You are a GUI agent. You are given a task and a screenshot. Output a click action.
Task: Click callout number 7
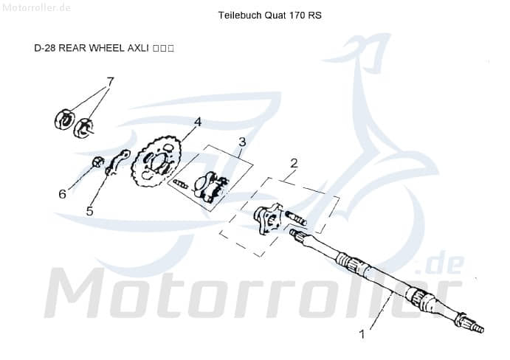pyautogui.click(x=110, y=81)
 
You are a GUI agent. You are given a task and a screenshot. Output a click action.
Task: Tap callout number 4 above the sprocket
pyautogui.click(x=198, y=122)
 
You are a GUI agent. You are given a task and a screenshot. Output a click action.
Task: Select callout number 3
pyautogui.click(x=241, y=142)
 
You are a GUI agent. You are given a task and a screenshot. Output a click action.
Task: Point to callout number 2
pyautogui.click(x=294, y=163)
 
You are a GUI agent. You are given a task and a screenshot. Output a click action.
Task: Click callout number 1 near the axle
pyautogui.click(x=362, y=333)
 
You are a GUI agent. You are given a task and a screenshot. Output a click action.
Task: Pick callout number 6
pyautogui.click(x=63, y=194)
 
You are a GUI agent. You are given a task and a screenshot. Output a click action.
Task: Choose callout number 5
pyautogui.click(x=89, y=211)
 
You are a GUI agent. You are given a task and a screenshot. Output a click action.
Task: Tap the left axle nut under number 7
pyautogui.click(x=65, y=117)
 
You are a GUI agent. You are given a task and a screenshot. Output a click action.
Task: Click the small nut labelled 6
pyautogui.click(x=97, y=162)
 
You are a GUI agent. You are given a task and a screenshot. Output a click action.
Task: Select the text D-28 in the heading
pyautogui.click(x=45, y=48)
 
